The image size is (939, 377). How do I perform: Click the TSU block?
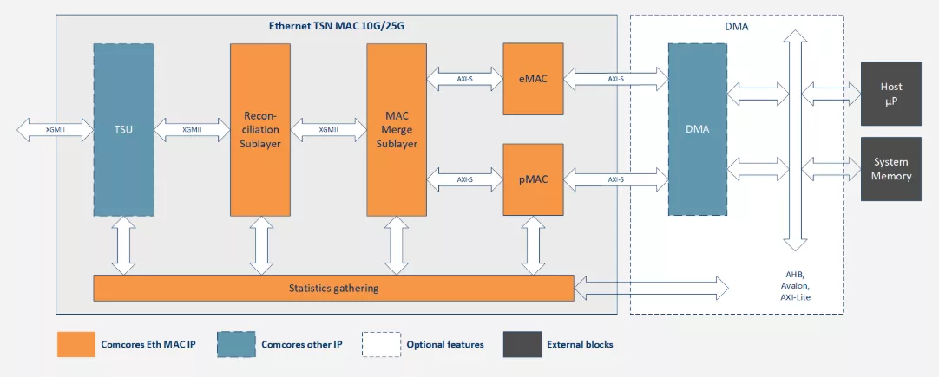123,129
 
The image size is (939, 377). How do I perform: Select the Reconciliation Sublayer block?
260,129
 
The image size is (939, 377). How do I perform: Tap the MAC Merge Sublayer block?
397,129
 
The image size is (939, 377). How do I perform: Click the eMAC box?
533,78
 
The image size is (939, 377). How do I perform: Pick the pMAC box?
533,179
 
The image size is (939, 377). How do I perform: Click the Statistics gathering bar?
333,289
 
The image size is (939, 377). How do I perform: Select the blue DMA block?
698,129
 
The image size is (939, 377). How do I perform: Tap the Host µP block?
891,94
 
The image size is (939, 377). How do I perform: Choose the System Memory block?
891,169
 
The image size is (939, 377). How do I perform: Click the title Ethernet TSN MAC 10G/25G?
338,26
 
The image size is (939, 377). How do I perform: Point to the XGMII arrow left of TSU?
56,129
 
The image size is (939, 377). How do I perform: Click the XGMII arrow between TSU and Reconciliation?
193,129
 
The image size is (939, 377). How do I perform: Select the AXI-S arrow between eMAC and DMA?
615,78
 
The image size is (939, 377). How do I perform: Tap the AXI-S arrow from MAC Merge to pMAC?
465,179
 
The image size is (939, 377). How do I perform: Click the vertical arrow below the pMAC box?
533,245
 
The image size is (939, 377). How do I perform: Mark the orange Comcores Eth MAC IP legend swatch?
76,344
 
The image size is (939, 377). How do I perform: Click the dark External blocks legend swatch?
522,344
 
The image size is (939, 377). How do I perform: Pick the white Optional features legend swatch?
381,344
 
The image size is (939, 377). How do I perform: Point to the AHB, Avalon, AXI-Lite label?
795,285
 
